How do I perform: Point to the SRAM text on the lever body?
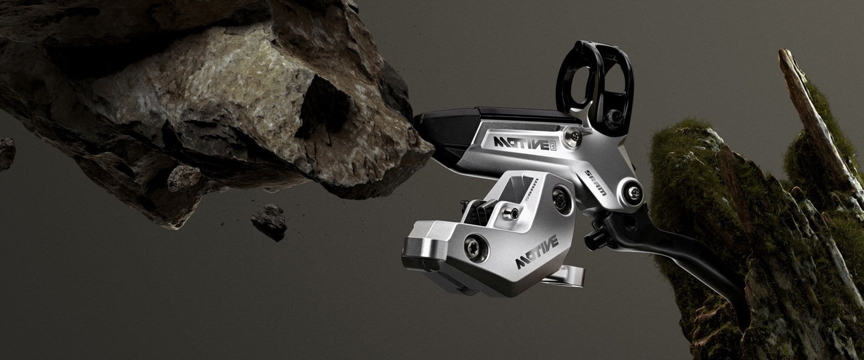click(596, 181)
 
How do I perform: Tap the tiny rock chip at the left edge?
click(6, 152)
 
